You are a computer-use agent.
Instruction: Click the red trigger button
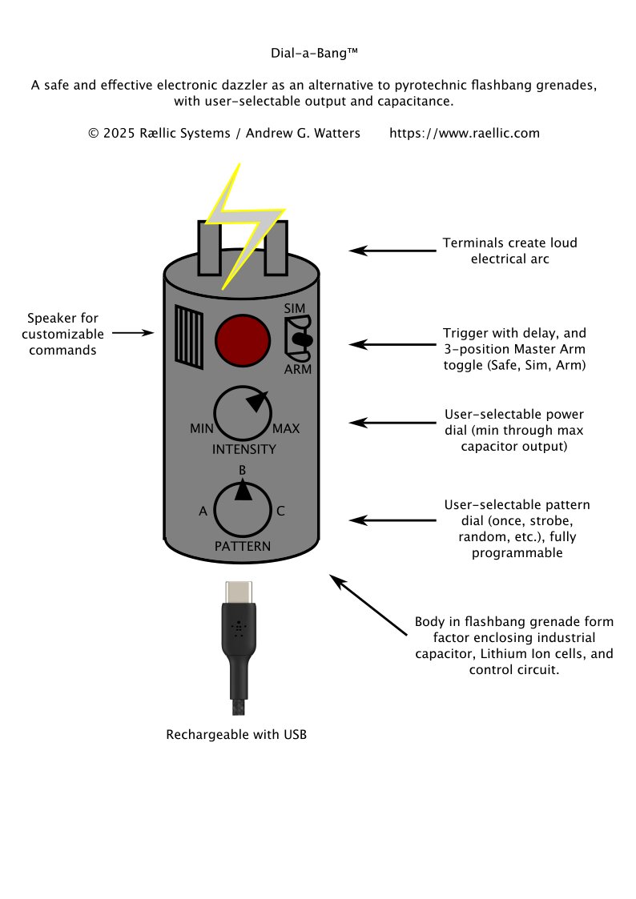(x=241, y=339)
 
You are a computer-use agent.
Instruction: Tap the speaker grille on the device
(x=189, y=338)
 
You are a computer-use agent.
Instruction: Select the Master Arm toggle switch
(x=300, y=339)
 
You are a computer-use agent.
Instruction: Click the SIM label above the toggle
(x=294, y=308)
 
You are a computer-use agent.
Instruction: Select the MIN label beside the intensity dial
(x=201, y=429)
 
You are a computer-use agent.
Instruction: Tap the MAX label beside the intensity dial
(x=286, y=429)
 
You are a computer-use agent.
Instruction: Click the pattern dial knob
(x=243, y=509)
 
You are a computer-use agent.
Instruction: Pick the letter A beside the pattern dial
(x=203, y=511)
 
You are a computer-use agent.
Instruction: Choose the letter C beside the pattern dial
(x=280, y=511)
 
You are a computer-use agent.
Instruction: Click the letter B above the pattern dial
(x=243, y=470)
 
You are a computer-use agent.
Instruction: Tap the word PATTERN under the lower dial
(x=243, y=547)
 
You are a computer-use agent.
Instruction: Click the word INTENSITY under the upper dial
(x=244, y=450)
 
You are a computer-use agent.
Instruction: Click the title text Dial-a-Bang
(x=313, y=54)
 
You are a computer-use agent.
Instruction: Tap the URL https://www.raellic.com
(x=465, y=133)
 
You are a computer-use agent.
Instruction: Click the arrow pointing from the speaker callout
(x=133, y=331)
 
